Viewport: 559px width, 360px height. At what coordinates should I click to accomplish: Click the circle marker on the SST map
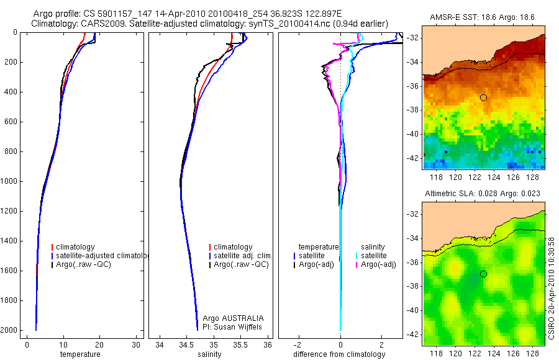tap(483, 97)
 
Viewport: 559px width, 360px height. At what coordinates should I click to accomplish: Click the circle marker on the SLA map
tap(483, 274)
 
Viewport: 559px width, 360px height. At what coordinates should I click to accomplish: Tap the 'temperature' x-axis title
tap(80, 354)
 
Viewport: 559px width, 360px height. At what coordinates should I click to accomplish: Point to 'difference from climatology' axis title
tap(339, 354)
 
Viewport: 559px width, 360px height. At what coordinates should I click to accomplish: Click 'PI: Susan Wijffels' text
tap(232, 326)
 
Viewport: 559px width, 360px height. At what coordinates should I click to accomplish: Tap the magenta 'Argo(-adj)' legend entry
tap(378, 265)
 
